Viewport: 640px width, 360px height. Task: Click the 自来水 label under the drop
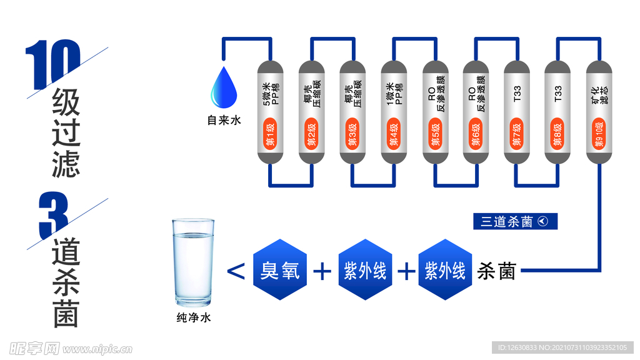(224, 121)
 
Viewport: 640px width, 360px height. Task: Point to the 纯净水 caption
(193, 318)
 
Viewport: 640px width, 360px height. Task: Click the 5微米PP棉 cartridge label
(271, 92)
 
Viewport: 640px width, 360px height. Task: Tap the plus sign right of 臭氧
(321, 271)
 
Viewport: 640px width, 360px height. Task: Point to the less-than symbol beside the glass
(235, 271)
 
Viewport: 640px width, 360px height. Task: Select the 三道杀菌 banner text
(507, 222)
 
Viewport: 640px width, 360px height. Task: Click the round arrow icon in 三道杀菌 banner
(542, 222)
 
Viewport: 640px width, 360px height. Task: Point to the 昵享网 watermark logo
(34, 348)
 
